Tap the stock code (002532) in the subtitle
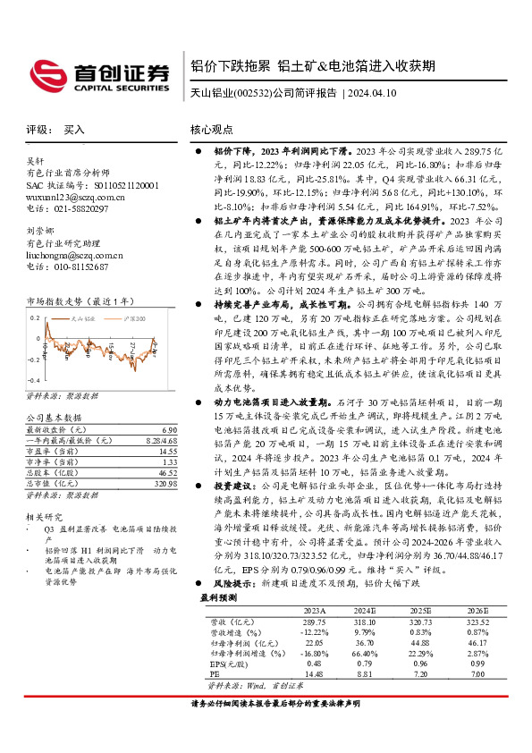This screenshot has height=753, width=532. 252,92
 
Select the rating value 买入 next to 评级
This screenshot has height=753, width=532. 74,130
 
